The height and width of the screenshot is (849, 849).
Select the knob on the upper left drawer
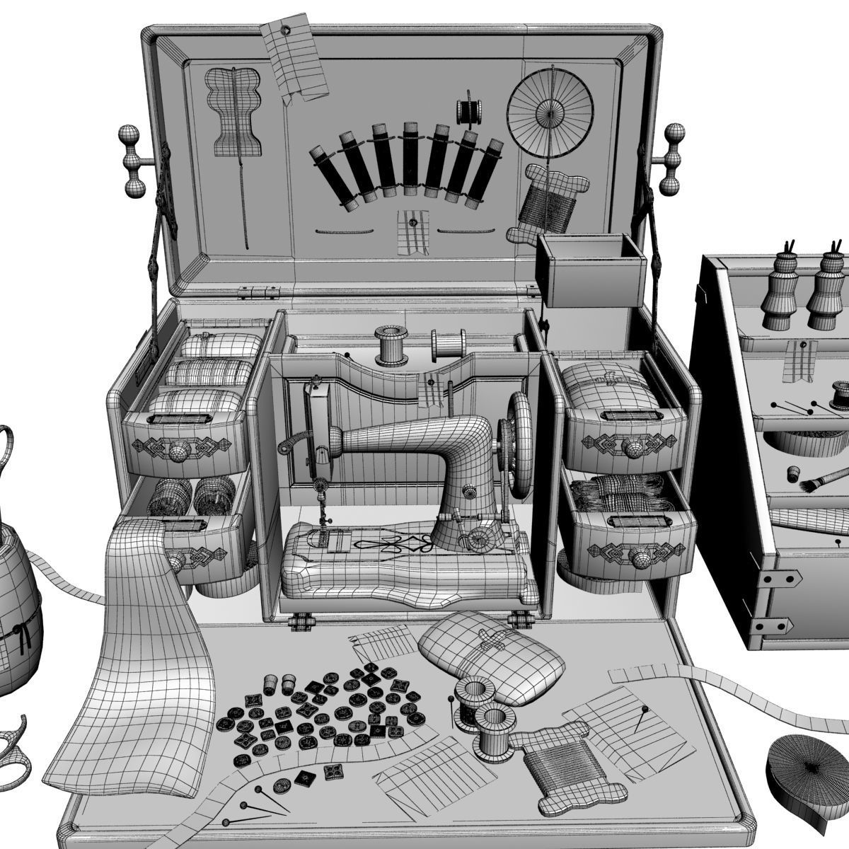tap(178, 448)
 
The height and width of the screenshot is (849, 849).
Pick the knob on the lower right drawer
tap(640, 557)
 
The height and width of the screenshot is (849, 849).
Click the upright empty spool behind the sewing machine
tap(388, 342)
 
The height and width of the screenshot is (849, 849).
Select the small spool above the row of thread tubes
tap(468, 110)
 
